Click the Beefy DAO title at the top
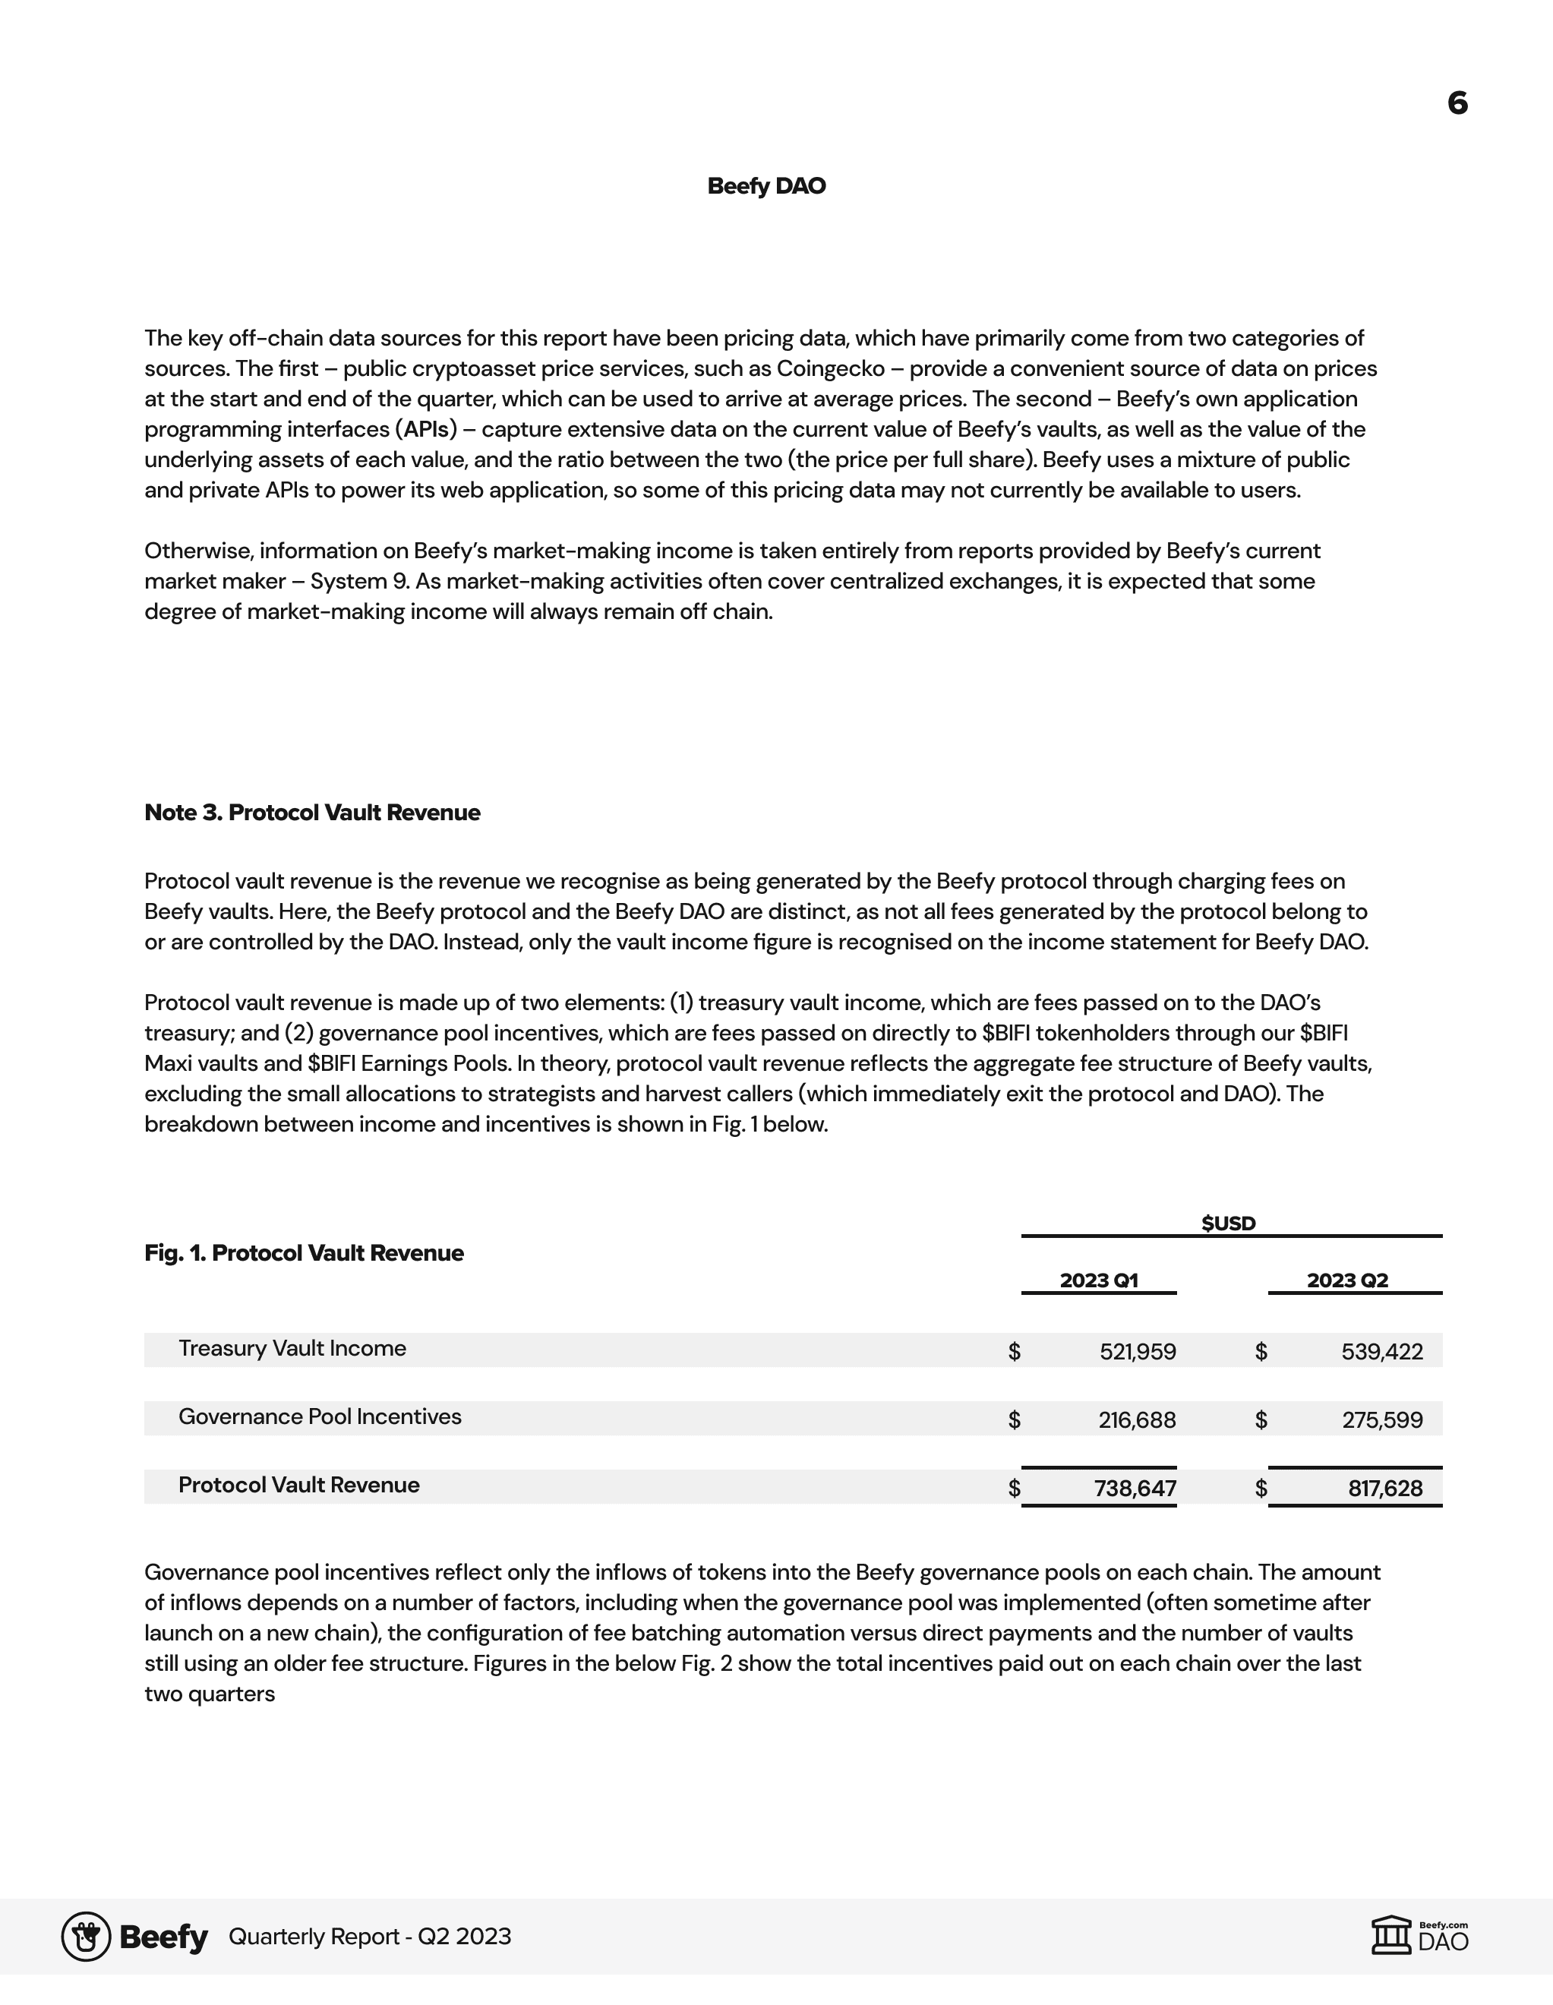[766, 186]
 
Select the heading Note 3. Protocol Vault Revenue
[312, 813]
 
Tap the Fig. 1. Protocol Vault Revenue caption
[304, 1253]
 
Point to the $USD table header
[1228, 1223]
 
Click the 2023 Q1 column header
[1099, 1280]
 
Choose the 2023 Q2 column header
[1346, 1280]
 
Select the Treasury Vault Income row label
[292, 1349]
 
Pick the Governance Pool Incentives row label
[320, 1416]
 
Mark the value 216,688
[1136, 1420]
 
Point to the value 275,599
[1381, 1420]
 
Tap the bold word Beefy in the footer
[163, 1937]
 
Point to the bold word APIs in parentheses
[426, 430]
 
